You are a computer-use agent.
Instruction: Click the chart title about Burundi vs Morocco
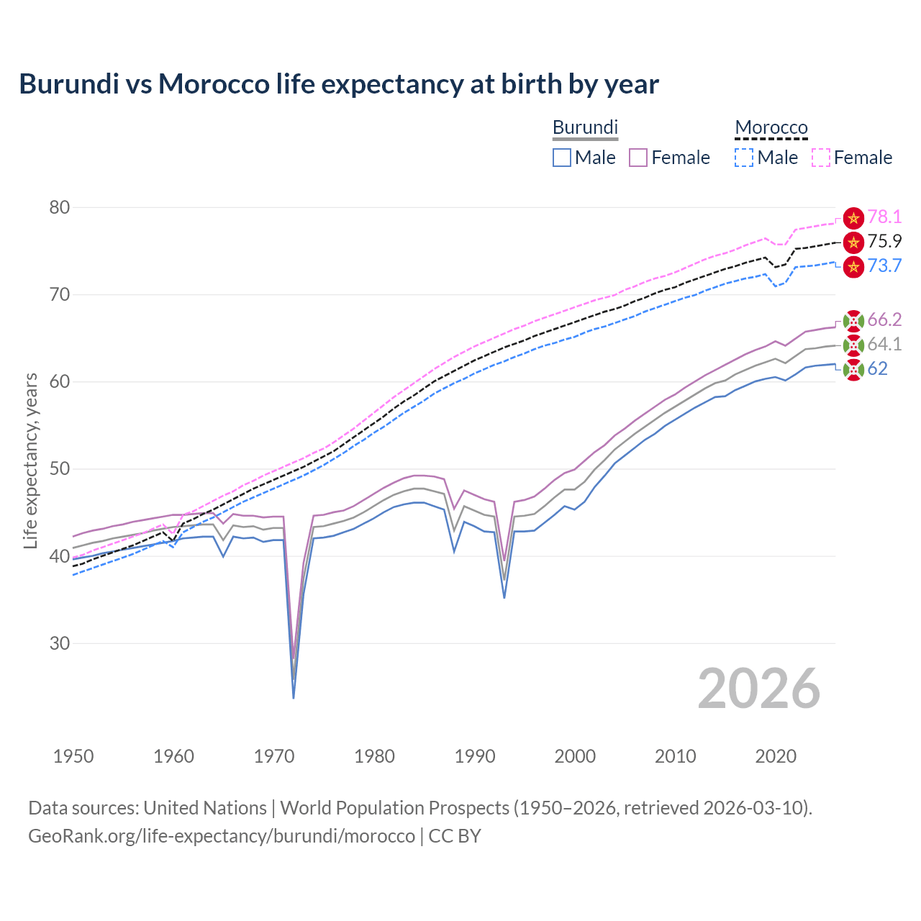pyautogui.click(x=339, y=84)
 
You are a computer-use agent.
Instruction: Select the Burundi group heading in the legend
pyautogui.click(x=585, y=127)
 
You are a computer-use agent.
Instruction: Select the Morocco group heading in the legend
pyautogui.click(x=771, y=127)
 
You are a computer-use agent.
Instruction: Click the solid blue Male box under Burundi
pyautogui.click(x=562, y=158)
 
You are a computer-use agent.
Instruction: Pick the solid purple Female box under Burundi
pyautogui.click(x=638, y=158)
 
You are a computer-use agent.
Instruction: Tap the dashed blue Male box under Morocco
pyautogui.click(x=744, y=158)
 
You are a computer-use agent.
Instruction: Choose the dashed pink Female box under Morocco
pyautogui.click(x=821, y=158)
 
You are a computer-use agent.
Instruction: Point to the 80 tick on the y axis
pyautogui.click(x=60, y=207)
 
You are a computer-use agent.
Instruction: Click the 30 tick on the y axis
pyautogui.click(x=60, y=643)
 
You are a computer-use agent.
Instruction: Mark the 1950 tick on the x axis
pyautogui.click(x=73, y=756)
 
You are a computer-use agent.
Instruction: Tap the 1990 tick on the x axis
pyautogui.click(x=475, y=756)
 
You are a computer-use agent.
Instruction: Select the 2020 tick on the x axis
pyautogui.click(x=776, y=756)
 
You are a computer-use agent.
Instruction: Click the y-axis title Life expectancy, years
pyautogui.click(x=30, y=460)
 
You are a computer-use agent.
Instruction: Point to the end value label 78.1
pyautogui.click(x=884, y=217)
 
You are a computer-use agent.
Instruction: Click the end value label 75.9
pyautogui.click(x=884, y=242)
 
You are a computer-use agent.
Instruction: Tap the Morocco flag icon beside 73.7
pyautogui.click(x=853, y=266)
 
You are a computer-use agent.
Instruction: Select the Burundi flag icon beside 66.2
pyautogui.click(x=853, y=321)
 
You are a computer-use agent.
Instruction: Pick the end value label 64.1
pyautogui.click(x=884, y=345)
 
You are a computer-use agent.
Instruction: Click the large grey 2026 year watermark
pyautogui.click(x=758, y=689)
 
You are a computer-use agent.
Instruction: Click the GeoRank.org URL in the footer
pyautogui.click(x=222, y=836)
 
